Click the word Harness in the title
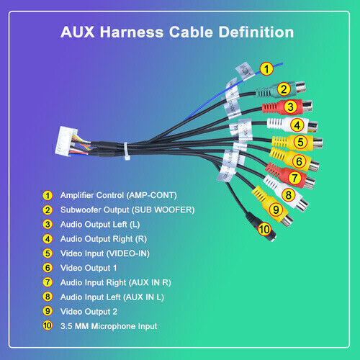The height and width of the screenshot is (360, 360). [132, 32]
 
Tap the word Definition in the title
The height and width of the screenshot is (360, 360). [256, 32]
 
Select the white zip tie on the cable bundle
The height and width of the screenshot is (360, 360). [126, 151]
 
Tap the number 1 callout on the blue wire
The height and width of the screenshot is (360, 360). [266, 69]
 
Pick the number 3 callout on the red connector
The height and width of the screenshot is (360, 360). [291, 107]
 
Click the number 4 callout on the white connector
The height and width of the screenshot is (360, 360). [297, 125]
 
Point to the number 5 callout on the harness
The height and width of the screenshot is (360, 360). [300, 142]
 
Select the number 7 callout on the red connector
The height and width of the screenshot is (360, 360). [294, 178]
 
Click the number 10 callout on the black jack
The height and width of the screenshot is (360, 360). [264, 229]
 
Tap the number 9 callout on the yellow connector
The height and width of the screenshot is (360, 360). [276, 210]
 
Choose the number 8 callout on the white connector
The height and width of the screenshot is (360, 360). [288, 195]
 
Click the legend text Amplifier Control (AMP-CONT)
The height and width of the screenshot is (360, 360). [119, 195]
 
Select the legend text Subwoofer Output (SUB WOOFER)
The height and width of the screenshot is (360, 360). [127, 210]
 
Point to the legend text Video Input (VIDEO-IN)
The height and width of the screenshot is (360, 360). [105, 253]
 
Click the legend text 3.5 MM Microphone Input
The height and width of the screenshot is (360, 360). [109, 326]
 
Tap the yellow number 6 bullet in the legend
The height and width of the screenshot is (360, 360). [48, 268]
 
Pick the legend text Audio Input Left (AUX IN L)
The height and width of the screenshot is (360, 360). [112, 297]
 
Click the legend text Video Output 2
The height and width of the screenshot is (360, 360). [89, 312]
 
